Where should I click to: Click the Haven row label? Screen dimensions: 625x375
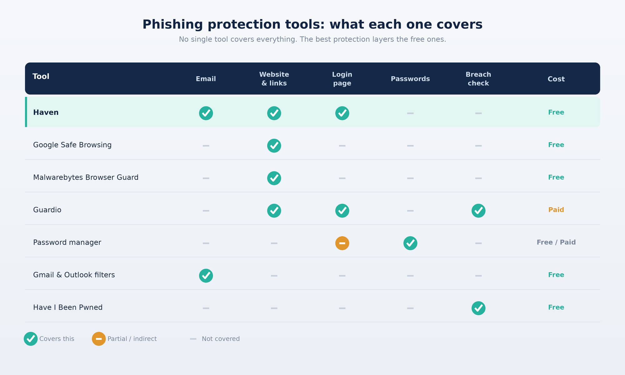click(x=46, y=112)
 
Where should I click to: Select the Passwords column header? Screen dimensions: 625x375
click(x=410, y=79)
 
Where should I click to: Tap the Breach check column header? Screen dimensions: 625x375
click(x=478, y=79)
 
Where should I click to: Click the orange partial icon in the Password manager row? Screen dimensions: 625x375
click(x=342, y=243)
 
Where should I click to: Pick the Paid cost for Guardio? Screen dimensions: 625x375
click(x=556, y=210)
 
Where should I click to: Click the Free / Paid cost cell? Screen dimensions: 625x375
click(x=556, y=242)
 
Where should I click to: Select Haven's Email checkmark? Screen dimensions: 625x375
click(x=206, y=113)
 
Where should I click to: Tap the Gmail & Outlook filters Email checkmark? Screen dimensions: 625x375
click(x=206, y=276)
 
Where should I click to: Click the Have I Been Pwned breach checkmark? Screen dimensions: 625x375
click(x=478, y=308)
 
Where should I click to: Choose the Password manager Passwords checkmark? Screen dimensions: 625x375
click(x=410, y=243)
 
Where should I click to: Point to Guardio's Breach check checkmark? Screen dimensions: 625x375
click(x=478, y=211)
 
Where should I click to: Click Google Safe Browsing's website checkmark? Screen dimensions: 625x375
click(x=274, y=146)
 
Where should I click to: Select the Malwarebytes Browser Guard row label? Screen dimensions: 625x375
click(x=86, y=177)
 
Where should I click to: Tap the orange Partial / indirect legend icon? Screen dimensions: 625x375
click(x=99, y=339)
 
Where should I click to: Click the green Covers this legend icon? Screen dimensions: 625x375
click(x=31, y=339)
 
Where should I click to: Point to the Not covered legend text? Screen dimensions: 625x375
click(x=221, y=339)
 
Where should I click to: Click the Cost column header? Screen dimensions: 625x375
click(x=556, y=79)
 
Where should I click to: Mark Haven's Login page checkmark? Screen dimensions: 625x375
click(x=342, y=113)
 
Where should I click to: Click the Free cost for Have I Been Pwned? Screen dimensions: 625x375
click(x=556, y=307)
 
